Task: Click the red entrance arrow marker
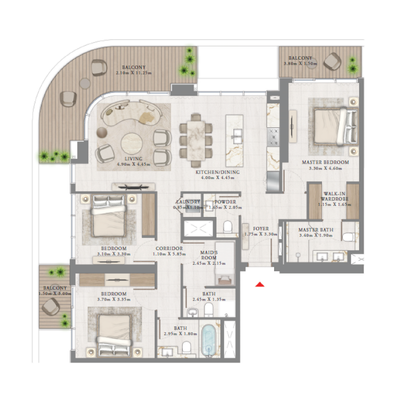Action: click(x=259, y=285)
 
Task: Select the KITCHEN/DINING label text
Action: click(x=217, y=172)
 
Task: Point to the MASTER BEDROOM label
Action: click(x=325, y=162)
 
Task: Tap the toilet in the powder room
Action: click(x=228, y=227)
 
